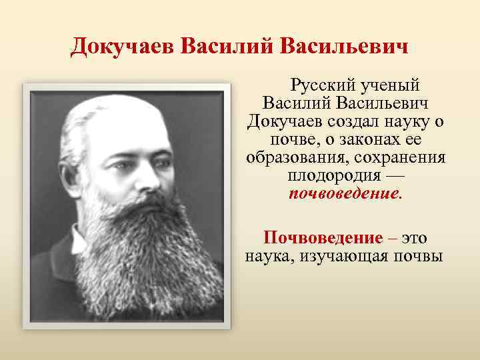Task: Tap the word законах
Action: (x=357, y=141)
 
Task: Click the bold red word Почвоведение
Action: (x=323, y=237)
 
